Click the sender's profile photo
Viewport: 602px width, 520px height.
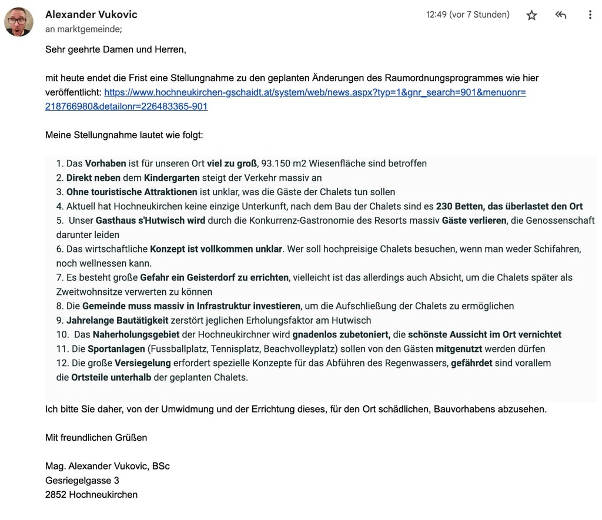click(19, 22)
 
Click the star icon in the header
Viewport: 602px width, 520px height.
click(531, 15)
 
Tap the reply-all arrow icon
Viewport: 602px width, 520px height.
click(561, 15)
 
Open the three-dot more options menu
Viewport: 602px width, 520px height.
click(590, 15)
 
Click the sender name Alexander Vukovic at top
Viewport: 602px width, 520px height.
click(91, 15)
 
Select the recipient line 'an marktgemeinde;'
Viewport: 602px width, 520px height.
click(83, 29)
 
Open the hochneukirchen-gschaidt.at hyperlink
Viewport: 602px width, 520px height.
click(315, 92)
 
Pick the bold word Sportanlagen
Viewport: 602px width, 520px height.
click(116, 349)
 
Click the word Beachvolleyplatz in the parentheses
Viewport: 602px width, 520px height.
click(300, 349)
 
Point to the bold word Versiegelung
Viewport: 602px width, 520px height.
click(143, 363)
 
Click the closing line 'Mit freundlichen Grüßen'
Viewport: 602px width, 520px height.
click(96, 437)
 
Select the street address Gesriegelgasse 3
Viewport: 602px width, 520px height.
click(82, 480)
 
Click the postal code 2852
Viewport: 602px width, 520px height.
click(56, 495)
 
